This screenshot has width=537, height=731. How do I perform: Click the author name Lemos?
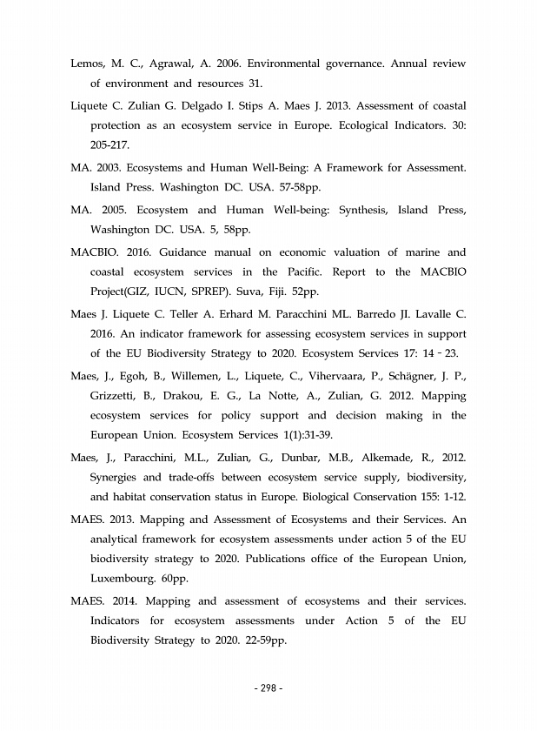(89, 64)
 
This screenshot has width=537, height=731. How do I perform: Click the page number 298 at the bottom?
(268, 689)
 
